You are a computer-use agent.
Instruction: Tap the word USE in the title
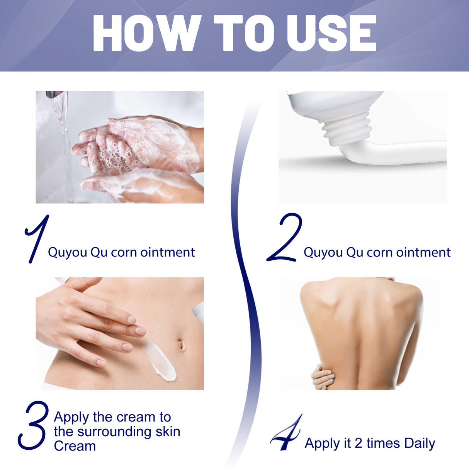pyautogui.click(x=331, y=33)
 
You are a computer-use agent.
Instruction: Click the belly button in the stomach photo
pyautogui.click(x=180, y=344)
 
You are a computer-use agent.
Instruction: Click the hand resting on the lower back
pyautogui.click(x=323, y=377)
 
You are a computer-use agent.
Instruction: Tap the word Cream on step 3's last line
pyautogui.click(x=75, y=446)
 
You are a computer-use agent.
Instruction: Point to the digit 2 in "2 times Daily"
pyautogui.click(x=358, y=444)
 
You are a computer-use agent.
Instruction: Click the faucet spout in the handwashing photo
pyautogui.click(x=54, y=94)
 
